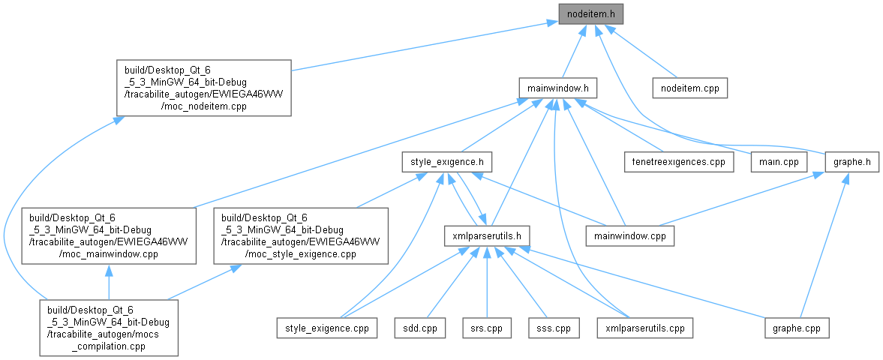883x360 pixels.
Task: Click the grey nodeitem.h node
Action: tap(590, 13)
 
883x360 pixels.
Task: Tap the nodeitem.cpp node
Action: tap(689, 88)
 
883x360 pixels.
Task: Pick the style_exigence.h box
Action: tap(446, 161)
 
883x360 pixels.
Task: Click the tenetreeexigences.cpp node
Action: tap(679, 161)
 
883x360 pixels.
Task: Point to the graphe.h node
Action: tap(851, 161)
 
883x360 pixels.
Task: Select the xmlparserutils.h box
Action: tap(487, 235)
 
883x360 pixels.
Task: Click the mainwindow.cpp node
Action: tap(630, 235)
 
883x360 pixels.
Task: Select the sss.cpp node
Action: tap(554, 328)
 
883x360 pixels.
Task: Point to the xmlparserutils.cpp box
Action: tap(644, 328)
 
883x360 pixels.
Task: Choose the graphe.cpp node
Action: tap(797, 328)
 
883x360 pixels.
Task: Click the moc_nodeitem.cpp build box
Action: tap(203, 88)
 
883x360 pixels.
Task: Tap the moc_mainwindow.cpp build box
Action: tap(109, 235)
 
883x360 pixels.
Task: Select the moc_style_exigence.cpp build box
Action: tap(301, 235)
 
